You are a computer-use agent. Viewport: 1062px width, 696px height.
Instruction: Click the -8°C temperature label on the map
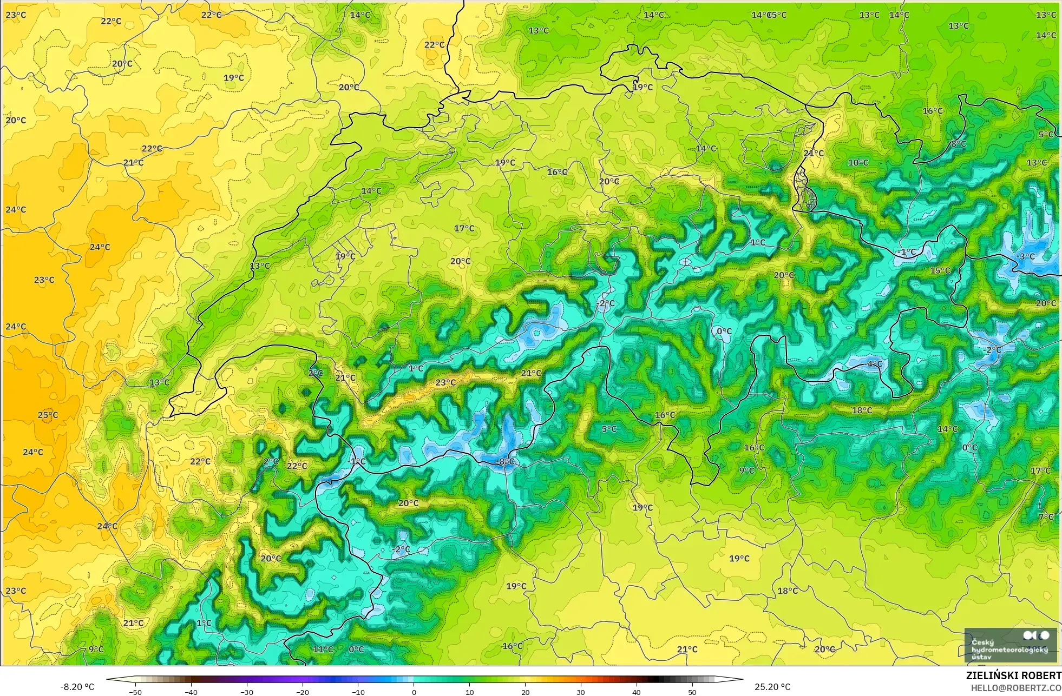[506, 461]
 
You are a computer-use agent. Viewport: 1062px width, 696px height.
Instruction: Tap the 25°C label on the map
[48, 415]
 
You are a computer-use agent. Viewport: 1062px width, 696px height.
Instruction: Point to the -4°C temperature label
[874, 364]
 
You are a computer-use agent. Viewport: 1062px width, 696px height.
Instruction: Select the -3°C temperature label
[1026, 256]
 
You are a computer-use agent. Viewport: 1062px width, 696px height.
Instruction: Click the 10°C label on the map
[858, 162]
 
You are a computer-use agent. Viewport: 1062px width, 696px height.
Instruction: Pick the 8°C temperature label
[959, 144]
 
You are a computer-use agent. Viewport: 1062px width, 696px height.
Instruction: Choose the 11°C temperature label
[323, 649]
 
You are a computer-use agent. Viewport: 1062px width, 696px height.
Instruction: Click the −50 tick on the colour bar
[135, 692]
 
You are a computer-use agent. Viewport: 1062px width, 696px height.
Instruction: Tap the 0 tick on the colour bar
[414, 692]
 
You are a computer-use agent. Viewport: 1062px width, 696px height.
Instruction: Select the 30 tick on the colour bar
[581, 692]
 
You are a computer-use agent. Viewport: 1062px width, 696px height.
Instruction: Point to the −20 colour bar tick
[303, 692]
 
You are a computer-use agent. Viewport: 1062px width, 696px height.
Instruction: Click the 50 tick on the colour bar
[692, 692]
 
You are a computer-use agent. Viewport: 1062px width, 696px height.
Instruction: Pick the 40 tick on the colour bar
[637, 692]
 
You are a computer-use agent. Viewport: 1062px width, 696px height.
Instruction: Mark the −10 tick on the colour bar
[358, 692]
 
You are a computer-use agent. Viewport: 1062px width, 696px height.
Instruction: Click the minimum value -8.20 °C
[77, 687]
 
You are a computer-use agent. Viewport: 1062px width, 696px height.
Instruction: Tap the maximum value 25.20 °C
[772, 687]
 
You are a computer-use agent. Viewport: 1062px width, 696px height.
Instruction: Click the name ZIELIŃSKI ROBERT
[1013, 676]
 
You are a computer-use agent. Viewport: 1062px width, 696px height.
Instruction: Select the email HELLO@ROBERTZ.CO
[1015, 688]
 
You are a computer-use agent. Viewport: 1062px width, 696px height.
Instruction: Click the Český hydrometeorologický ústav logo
[1011, 646]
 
